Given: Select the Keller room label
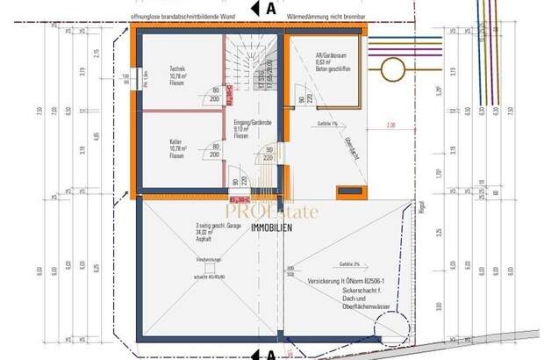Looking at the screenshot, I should click(x=180, y=146).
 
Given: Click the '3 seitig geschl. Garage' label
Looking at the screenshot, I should click(x=221, y=232).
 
